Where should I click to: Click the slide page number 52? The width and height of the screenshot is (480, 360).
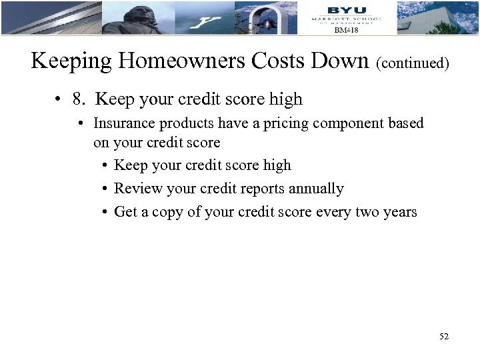coord(444,337)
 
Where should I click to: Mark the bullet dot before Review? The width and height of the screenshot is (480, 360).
coord(105,189)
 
